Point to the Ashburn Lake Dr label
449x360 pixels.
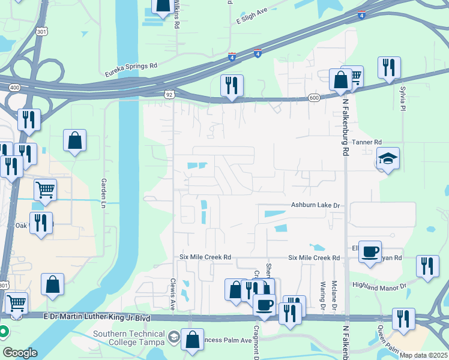pyautogui.click(x=316, y=206)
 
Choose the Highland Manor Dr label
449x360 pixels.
pyautogui.click(x=379, y=286)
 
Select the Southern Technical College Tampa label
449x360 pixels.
pyautogui.click(x=128, y=338)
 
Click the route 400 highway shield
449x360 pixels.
pyautogui.click(x=14, y=88)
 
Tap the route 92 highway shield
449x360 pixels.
pyautogui.click(x=170, y=94)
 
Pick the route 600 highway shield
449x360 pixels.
pyautogui.click(x=315, y=97)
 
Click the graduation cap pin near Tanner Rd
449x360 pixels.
pyautogui.click(x=388, y=159)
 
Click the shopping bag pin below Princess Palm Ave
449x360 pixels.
pyautogui.click(x=193, y=340)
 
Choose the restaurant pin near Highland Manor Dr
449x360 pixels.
pyautogui.click(x=427, y=267)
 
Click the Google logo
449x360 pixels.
pyautogui.click(x=20, y=353)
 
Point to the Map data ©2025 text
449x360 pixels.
pyautogui.click(x=423, y=355)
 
